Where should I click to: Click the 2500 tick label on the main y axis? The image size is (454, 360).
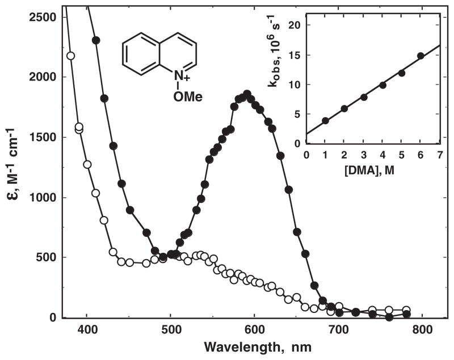coord(44,17)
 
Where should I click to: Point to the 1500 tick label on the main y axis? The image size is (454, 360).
coord(44,137)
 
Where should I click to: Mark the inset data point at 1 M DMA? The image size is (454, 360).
coord(325,121)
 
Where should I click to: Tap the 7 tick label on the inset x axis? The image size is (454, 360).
coord(439,155)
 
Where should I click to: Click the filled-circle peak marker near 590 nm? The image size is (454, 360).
coord(247,94)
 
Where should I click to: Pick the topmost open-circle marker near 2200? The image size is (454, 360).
coord(70,56)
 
